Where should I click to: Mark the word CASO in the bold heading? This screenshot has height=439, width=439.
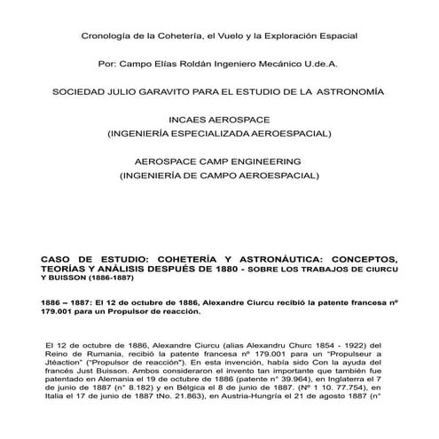point(56,259)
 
